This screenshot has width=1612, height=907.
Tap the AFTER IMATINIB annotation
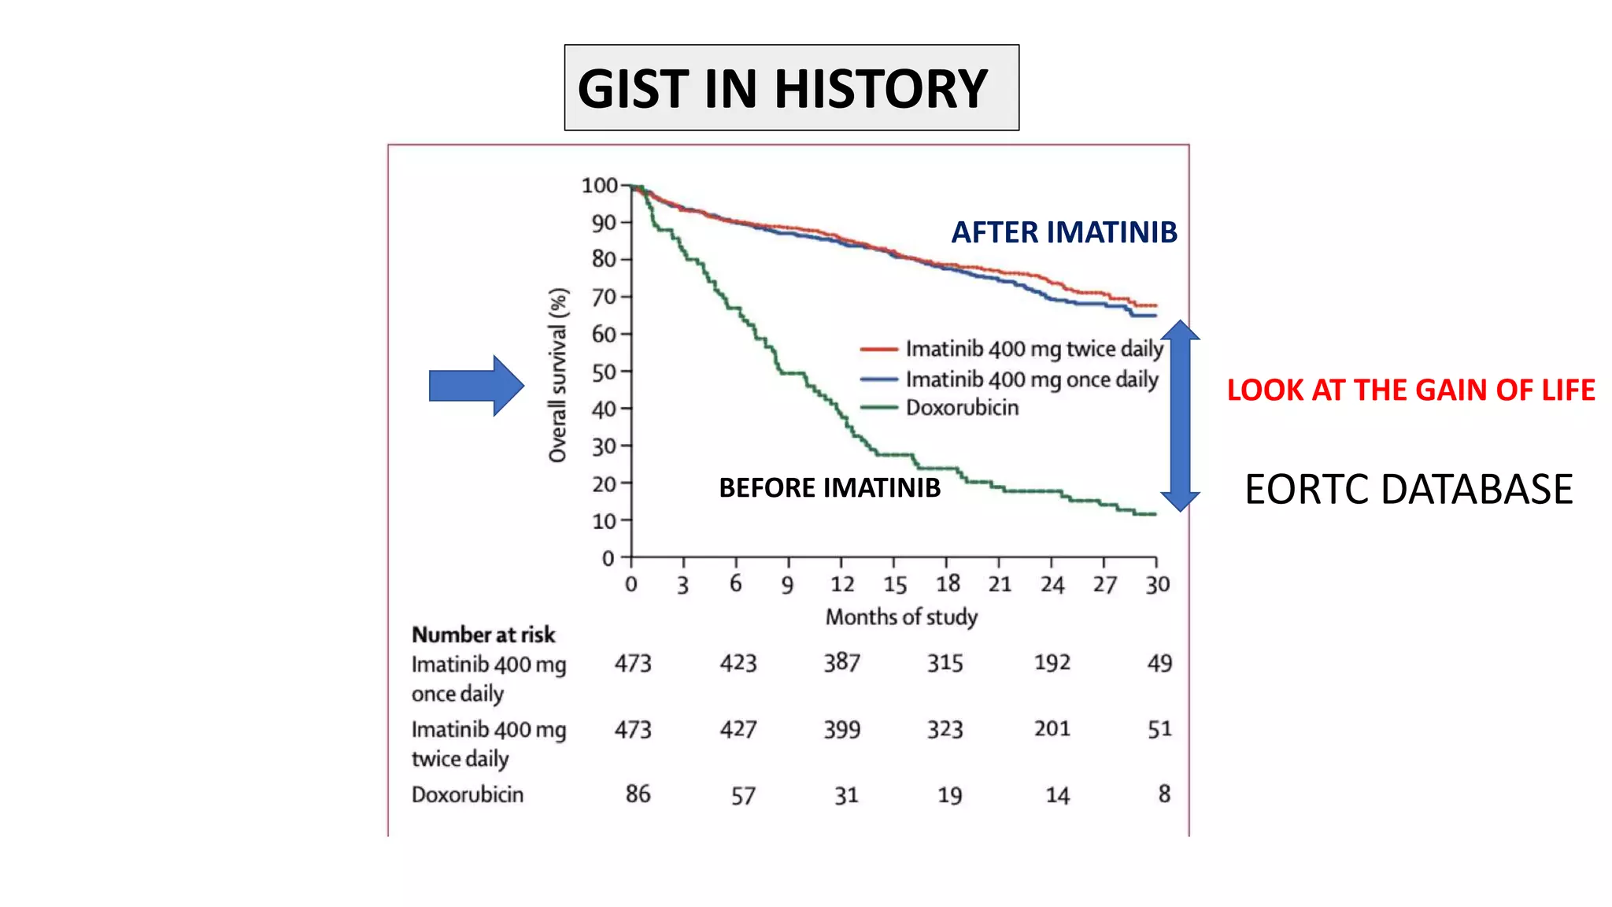click(x=1064, y=232)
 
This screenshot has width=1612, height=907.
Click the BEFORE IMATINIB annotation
click(x=830, y=488)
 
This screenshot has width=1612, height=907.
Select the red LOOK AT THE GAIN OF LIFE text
click(x=1410, y=391)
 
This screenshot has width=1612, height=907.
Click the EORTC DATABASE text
click(x=1408, y=489)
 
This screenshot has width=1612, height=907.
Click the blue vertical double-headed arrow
click(x=1179, y=416)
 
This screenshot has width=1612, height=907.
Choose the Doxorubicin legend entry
click(x=961, y=408)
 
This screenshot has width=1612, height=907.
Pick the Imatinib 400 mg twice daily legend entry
click(x=1033, y=349)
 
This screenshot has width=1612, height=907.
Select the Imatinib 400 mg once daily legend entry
click(x=1031, y=379)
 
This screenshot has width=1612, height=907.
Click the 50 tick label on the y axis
click(x=604, y=372)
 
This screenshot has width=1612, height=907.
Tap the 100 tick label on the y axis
click(x=600, y=186)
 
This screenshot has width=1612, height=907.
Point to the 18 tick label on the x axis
click(x=948, y=584)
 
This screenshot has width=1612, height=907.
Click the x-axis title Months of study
click(x=901, y=617)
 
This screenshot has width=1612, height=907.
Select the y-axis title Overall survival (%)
click(x=558, y=375)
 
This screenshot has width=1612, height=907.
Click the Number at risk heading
click(x=483, y=635)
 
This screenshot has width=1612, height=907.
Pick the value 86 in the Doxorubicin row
click(x=638, y=794)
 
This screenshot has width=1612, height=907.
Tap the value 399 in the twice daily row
click(x=841, y=730)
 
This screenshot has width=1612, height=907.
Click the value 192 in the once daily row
click(x=1052, y=663)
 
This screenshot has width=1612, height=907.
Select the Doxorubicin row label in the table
click(x=468, y=794)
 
